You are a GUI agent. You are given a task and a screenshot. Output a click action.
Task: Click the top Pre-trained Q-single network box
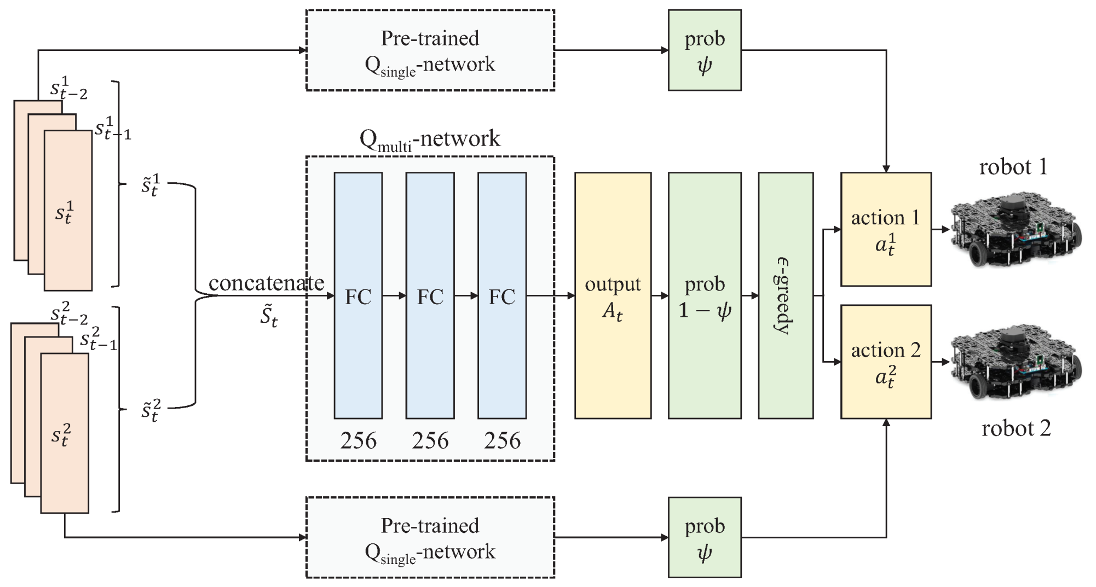[x=430, y=50]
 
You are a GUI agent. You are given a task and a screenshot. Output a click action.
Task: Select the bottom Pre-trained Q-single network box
[x=430, y=537]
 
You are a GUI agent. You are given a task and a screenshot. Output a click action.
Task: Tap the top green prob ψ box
[x=704, y=50]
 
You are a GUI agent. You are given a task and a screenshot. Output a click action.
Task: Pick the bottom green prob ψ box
[x=704, y=537]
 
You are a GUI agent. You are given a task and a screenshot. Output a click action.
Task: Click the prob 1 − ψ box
[x=704, y=295]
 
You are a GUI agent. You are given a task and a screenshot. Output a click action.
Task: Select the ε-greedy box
[x=785, y=295]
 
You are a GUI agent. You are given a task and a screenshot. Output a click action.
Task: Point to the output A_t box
[x=613, y=295]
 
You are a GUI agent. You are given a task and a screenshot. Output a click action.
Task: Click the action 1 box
[x=885, y=229]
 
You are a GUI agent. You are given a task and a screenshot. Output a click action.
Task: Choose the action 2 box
[x=885, y=362]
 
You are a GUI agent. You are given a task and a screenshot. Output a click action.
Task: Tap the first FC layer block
[x=358, y=295]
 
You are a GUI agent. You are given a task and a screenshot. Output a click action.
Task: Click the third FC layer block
[x=501, y=295]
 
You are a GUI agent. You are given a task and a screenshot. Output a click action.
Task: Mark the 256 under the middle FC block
[x=430, y=440]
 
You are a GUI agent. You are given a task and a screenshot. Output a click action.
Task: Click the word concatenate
[x=266, y=283]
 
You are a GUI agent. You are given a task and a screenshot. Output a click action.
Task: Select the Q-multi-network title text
[x=430, y=139]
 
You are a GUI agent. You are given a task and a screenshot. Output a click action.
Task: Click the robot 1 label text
[x=1013, y=167]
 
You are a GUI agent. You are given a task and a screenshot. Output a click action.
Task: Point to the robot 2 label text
[x=1016, y=428]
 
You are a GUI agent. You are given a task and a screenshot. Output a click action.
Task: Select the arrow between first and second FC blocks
[x=394, y=296]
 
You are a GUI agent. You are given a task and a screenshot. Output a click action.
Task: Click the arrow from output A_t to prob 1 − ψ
[x=660, y=296]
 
